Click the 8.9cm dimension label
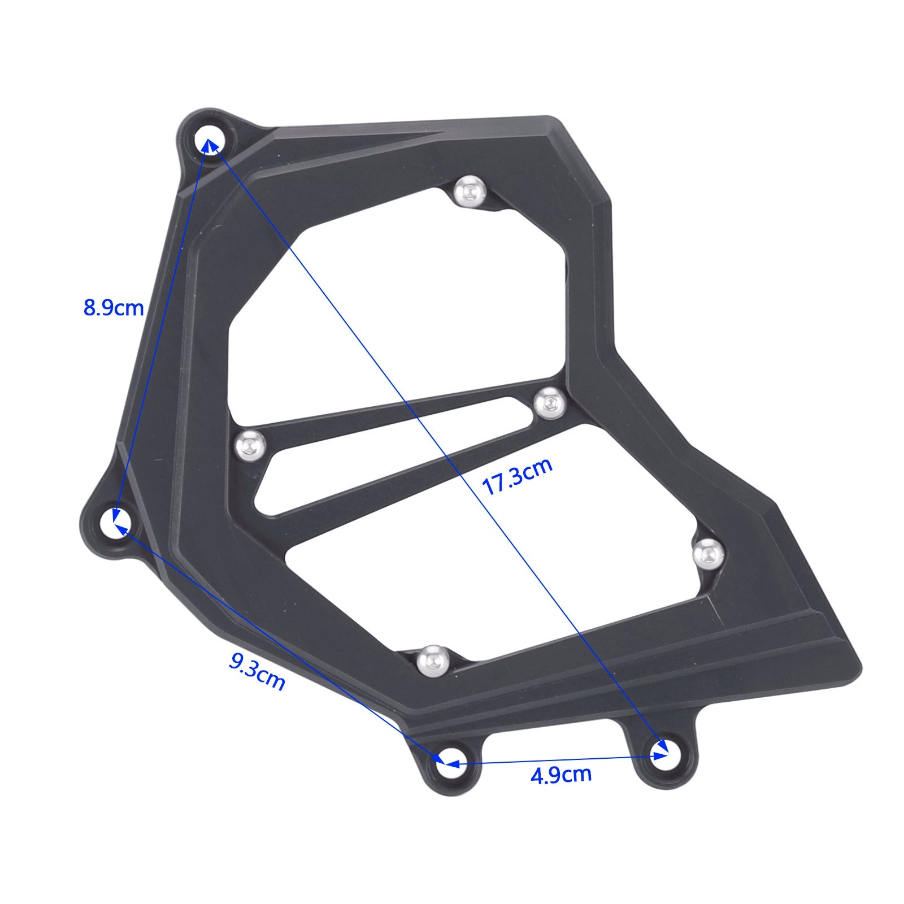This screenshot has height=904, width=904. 114,308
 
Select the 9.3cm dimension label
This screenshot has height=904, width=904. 257,671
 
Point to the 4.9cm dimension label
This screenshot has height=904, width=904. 560,775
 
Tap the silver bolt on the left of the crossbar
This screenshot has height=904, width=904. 250,445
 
